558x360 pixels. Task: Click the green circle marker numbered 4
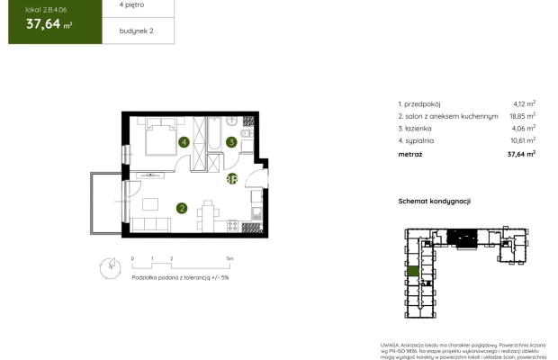(184, 142)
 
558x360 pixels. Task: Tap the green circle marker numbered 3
(231, 141)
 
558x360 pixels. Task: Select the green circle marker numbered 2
(182, 209)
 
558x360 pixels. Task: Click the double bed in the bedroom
(160, 139)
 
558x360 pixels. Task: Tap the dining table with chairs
(206, 216)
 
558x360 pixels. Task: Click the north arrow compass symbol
(109, 266)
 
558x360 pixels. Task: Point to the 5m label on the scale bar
(231, 259)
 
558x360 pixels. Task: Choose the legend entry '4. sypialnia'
(419, 139)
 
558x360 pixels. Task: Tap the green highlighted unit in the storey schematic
(413, 271)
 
